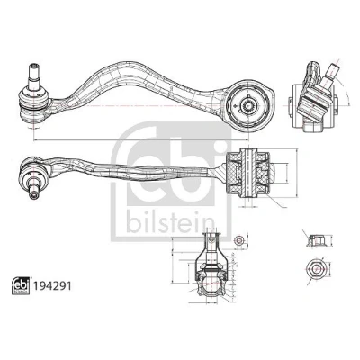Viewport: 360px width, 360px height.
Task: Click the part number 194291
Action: (x=52, y=286)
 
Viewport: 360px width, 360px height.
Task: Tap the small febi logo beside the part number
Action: (x=21, y=285)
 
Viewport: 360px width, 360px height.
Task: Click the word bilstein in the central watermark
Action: (x=170, y=221)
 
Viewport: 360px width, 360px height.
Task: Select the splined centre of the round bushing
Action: (x=249, y=105)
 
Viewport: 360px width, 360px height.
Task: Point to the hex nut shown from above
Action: (x=313, y=268)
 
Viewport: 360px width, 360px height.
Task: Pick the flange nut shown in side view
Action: (x=315, y=241)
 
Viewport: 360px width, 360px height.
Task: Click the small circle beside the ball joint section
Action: (x=238, y=240)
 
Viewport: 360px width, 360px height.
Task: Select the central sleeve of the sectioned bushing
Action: (x=248, y=172)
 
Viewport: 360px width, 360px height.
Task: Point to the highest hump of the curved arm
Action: (x=128, y=65)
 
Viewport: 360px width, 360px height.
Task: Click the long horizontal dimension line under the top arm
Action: (x=141, y=139)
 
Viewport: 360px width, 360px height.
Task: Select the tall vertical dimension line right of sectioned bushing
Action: (x=297, y=173)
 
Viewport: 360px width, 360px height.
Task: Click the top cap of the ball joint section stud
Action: (x=211, y=235)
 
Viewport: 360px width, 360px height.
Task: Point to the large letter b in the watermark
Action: (x=179, y=168)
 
